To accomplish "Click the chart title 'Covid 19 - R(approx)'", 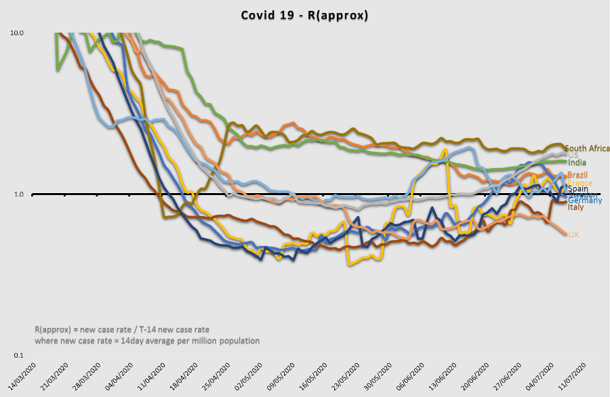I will pos(304,15).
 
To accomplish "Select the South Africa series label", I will pos(587,148).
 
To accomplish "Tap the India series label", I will pos(577,163).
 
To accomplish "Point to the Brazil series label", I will pos(577,175).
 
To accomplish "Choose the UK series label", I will pos(573,234).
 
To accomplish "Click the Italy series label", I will pos(575,207).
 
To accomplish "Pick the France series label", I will pos(579,183).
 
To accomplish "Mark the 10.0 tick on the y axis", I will pos(16,33).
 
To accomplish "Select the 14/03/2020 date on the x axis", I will pos(22,377).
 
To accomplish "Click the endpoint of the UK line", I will pos(567,234).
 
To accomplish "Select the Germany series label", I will pos(584,201).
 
